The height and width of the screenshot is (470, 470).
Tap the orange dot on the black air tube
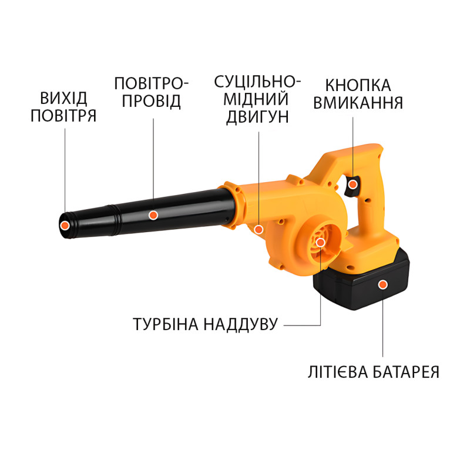click(x=153, y=214)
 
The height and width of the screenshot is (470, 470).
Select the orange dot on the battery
click(x=382, y=284)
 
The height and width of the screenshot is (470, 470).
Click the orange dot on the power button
click(x=353, y=184)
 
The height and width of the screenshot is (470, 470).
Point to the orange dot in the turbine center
click(x=320, y=242)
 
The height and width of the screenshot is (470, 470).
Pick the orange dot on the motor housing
click(x=258, y=230)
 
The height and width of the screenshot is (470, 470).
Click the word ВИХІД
click(x=63, y=98)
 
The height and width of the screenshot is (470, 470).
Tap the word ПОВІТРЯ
click(x=63, y=116)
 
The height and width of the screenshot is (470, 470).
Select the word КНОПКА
click(x=358, y=85)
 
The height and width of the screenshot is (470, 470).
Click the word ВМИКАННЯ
click(x=358, y=103)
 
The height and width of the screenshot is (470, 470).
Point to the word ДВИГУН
click(x=257, y=116)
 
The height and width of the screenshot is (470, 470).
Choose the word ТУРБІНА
click(x=166, y=324)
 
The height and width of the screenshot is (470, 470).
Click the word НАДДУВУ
click(x=241, y=325)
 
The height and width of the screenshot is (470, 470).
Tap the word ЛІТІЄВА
click(x=338, y=372)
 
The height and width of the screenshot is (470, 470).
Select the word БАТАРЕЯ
click(x=406, y=372)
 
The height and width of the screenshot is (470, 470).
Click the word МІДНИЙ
click(x=256, y=99)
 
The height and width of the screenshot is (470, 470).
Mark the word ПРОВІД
click(x=151, y=101)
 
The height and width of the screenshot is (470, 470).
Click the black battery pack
click(x=361, y=280)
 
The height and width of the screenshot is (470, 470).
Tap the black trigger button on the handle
click(x=352, y=186)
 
